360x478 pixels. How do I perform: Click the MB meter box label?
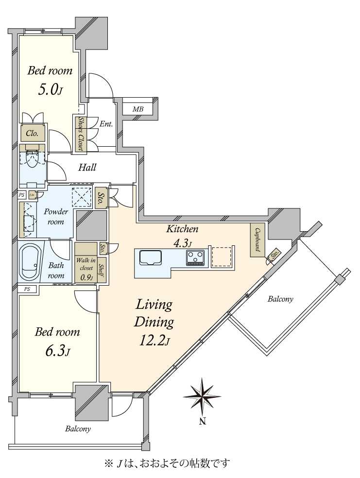coord(138,110)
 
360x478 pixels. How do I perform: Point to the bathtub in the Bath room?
coord(32,262)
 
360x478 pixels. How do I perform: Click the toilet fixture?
coord(33,158)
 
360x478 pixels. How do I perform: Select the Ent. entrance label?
coord(106,124)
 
